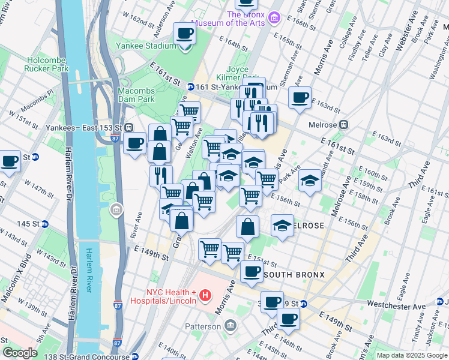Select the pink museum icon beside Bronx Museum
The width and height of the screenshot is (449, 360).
tap(275, 18)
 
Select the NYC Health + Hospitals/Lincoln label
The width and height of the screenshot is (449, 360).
tap(156, 295)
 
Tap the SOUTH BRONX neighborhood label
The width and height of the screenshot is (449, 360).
tap(294, 275)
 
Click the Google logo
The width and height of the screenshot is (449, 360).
tap(20, 353)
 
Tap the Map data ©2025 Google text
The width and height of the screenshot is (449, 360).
tap(411, 355)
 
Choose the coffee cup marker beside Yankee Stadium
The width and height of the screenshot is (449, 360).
tap(185, 34)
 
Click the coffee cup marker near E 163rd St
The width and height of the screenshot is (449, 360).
tap(300, 98)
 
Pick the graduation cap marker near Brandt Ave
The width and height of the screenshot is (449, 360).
tap(310, 180)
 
